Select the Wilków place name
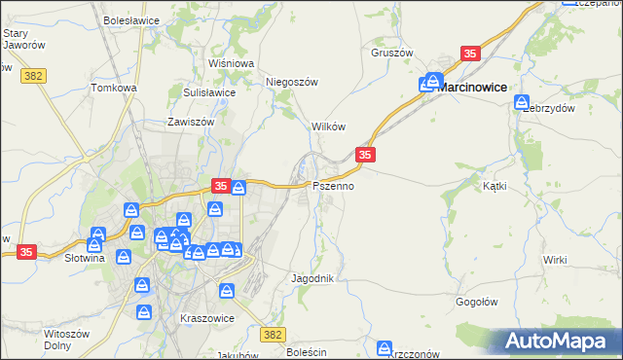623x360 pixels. point(329,127)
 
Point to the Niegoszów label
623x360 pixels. point(292,83)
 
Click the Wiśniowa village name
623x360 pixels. point(231,63)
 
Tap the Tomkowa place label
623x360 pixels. point(114,88)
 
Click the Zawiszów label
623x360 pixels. point(190,123)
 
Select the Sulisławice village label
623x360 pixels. point(209,92)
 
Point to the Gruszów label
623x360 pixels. point(393,53)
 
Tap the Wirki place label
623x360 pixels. point(555,260)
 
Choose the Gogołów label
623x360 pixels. point(477,302)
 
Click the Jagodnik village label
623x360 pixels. point(312,278)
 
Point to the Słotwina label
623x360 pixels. point(83,258)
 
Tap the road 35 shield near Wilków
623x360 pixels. point(365,155)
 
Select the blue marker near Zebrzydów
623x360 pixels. point(523,102)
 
